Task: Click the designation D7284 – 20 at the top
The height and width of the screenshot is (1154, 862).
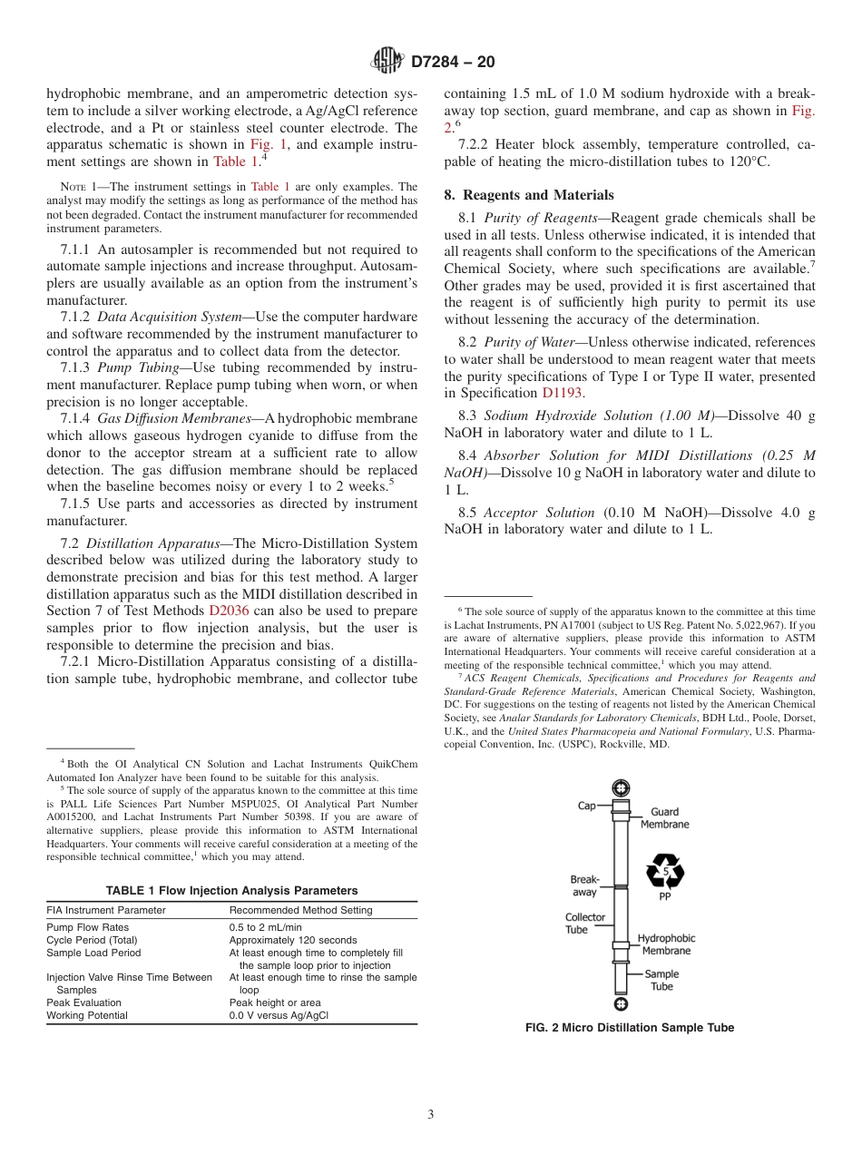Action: tap(453, 63)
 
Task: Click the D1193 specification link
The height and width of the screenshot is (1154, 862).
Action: tap(563, 393)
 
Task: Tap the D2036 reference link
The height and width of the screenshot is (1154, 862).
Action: tap(229, 611)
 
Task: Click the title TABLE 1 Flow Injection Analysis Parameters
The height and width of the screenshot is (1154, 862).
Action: tap(231, 891)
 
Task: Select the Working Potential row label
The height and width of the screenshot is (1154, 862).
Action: tap(87, 1016)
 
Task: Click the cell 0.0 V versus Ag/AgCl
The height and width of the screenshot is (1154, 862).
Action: tap(279, 1016)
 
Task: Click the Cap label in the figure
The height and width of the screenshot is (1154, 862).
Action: tap(587, 806)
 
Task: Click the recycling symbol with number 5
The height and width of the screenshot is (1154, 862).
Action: tap(664, 872)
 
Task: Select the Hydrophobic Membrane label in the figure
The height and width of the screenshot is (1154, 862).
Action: tap(666, 944)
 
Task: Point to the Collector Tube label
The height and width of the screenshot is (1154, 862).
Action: tap(585, 924)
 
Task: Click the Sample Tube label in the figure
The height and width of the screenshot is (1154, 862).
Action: tap(661, 980)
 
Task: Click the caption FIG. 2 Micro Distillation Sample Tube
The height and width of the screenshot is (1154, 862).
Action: tap(630, 1028)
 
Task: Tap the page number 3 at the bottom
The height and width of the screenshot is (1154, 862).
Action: tap(431, 1114)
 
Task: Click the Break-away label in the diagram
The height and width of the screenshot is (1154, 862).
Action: tap(584, 885)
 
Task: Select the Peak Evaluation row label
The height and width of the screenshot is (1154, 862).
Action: tap(83, 1003)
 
